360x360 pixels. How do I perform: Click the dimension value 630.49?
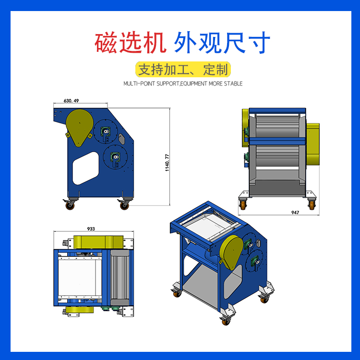71,101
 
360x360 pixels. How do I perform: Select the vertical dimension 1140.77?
167,163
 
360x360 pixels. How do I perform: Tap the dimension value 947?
295,213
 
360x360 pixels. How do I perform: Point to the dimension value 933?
91,229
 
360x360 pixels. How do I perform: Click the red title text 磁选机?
131,43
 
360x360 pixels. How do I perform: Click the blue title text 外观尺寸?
222,43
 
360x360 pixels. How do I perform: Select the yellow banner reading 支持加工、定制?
183,69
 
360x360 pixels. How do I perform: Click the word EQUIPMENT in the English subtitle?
193,84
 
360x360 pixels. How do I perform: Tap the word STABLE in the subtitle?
233,84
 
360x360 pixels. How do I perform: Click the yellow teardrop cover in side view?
79,127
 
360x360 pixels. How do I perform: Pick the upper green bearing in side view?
106,132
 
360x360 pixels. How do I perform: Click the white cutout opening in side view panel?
85,168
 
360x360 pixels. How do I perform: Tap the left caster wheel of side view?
70,205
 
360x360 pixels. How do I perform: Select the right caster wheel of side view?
124,205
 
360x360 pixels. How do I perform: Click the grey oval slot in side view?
122,139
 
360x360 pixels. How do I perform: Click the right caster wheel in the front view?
312,205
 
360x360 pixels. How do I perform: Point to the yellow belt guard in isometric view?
231,252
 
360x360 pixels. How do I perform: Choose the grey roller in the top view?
120,278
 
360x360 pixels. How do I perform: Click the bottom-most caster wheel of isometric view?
226,322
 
